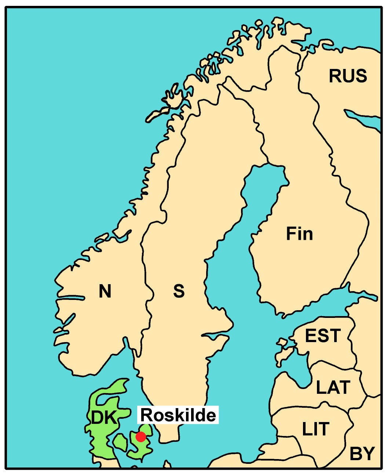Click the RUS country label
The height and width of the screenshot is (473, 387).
point(348,76)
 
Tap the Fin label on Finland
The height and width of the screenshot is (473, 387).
point(299,234)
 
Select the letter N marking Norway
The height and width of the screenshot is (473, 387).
point(105,291)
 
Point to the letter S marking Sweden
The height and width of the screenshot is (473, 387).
point(179,291)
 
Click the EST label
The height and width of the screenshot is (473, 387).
point(323,336)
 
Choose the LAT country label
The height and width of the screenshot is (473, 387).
point(333,388)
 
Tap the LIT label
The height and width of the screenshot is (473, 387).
point(315,429)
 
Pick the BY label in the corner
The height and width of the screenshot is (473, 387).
point(362,454)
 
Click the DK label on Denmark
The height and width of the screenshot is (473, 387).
point(103,418)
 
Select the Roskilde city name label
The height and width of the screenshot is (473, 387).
point(178,415)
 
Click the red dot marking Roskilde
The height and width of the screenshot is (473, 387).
point(140,437)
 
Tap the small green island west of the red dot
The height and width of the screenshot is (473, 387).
point(120,443)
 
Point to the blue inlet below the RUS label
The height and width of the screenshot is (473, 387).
point(363,119)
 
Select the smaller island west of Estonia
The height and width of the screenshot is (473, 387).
point(282,343)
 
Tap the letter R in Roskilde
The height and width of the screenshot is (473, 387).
point(146,415)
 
